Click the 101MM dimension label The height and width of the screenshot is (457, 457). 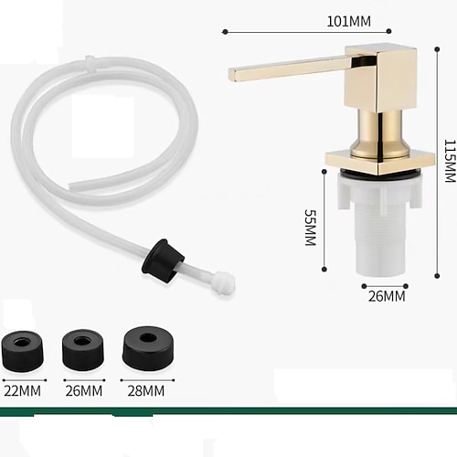coord(349,21)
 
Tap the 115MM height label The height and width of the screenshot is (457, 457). coord(450,161)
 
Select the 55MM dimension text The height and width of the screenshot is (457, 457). coord(311,228)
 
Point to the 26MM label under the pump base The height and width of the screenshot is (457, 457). coord(387,296)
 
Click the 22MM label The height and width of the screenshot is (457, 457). coord(22,391)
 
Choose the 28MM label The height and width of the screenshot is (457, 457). coord(146,391)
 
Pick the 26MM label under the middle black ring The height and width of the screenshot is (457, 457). coord(84,391)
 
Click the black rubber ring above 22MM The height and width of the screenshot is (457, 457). coord(23,351)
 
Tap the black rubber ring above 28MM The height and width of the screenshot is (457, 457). coord(148,348)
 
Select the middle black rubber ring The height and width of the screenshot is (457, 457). coord(83,350)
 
